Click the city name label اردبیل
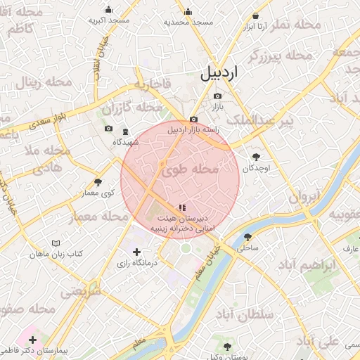click(229, 72)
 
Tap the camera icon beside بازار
click(217, 96)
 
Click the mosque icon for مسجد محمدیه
click(188, 11)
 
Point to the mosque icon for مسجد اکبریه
click(108, 10)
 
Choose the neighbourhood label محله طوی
click(191, 169)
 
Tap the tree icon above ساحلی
click(248, 237)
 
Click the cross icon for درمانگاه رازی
click(136, 252)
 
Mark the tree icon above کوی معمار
click(98, 182)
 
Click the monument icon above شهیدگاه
click(125, 131)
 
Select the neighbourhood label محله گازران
click(131, 108)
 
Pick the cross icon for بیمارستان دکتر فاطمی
click(32, 340)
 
